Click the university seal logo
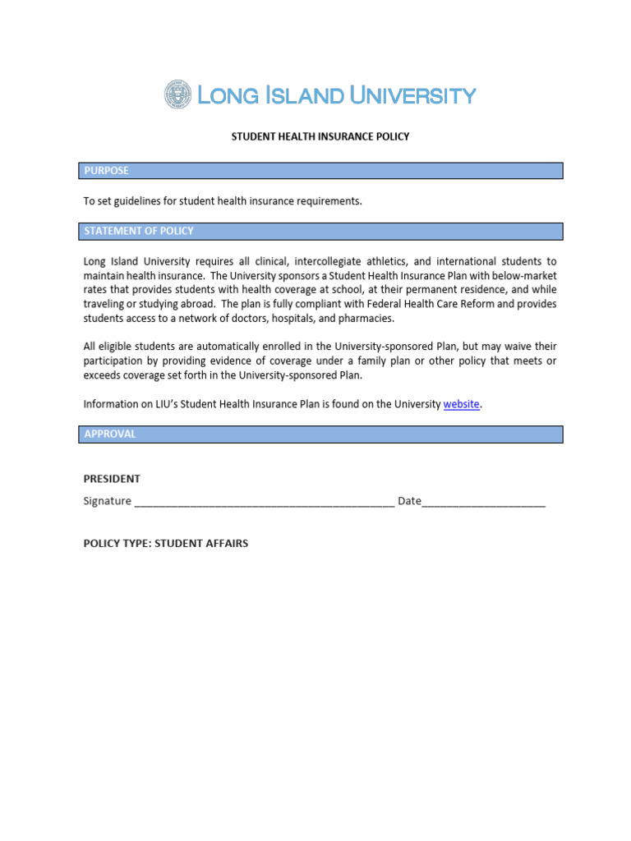coord(178,95)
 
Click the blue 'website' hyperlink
coord(461,404)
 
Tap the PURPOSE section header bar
coord(320,171)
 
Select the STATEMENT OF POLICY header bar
coord(320,232)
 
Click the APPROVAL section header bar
coord(320,434)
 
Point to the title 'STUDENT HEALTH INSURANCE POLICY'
coord(320,137)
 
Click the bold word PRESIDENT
coord(112,479)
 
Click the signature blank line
coord(264,503)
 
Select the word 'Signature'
coord(108,501)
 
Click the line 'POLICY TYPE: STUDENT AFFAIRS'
coord(166,544)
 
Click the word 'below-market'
coord(523,276)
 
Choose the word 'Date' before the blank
coord(409,501)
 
